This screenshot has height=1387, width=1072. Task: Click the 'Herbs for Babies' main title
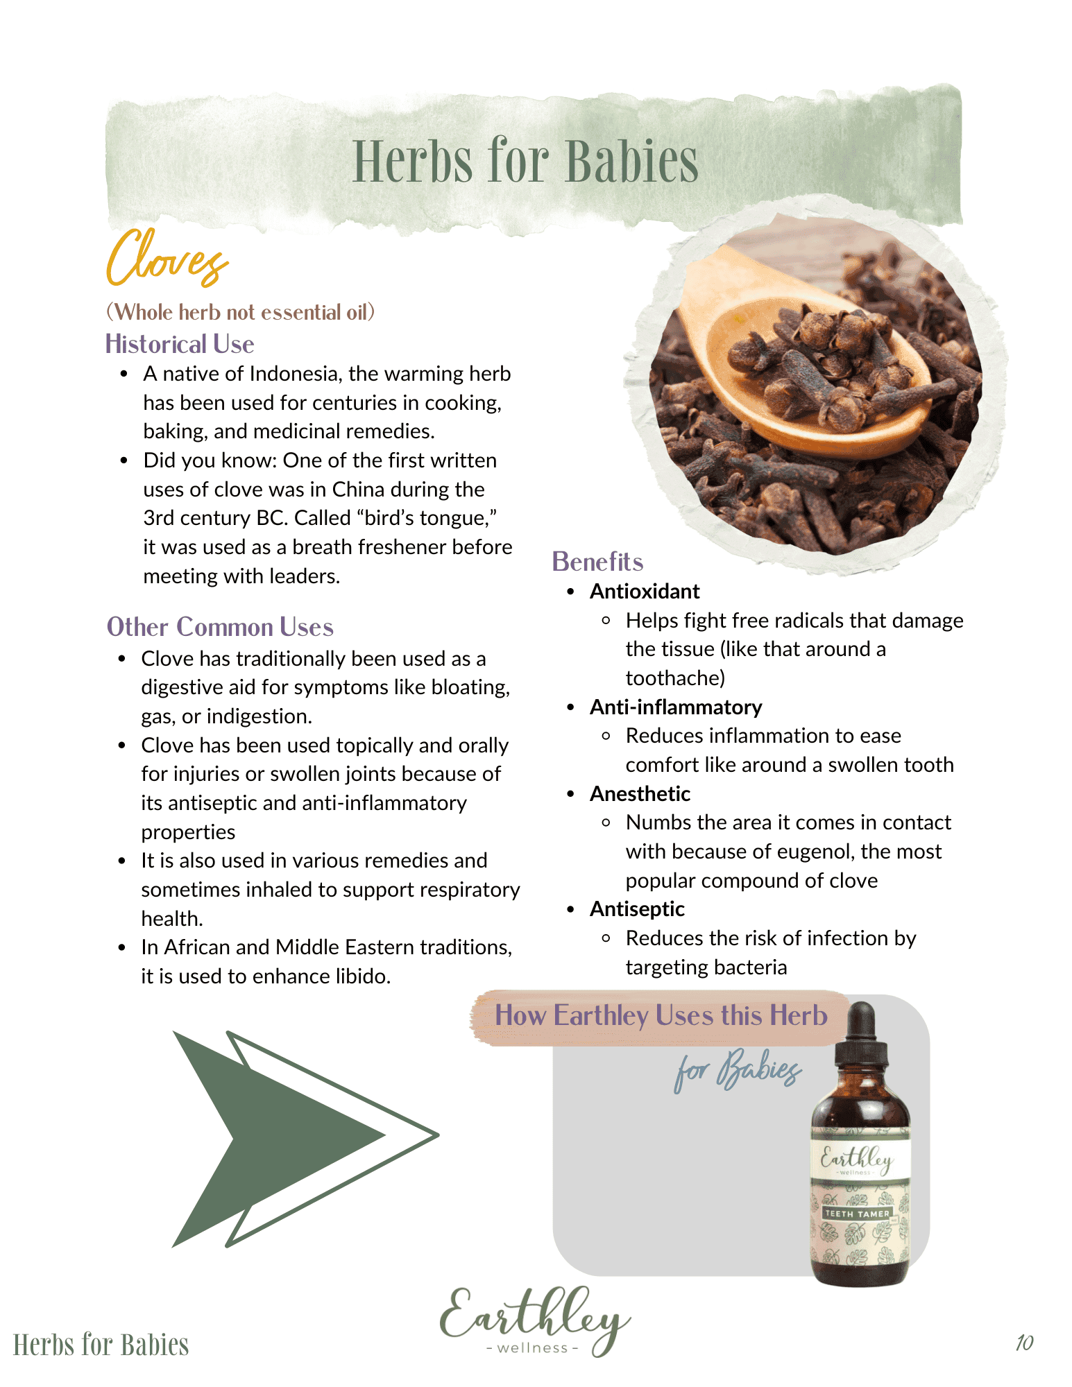(525, 162)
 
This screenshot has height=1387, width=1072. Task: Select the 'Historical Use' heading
(180, 344)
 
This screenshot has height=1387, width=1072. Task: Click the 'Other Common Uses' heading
(220, 627)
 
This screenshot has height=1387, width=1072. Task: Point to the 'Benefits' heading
(597, 562)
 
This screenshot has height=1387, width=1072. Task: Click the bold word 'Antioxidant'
(645, 592)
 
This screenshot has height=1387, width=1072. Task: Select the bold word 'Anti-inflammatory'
(676, 707)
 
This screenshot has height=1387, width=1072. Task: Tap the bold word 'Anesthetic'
(640, 794)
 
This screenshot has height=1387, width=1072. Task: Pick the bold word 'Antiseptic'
(637, 909)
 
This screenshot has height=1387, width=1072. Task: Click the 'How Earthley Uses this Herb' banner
(661, 1016)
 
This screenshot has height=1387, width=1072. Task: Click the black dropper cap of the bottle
(861, 1033)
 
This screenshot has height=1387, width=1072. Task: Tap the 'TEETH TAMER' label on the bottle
(857, 1214)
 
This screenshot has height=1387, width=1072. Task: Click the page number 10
(1024, 1343)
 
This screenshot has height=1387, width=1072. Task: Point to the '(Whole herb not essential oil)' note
(240, 312)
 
